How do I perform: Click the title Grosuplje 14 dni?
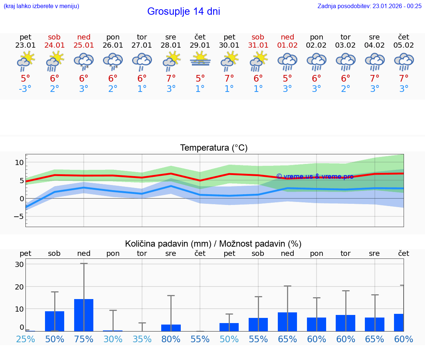point(183,11)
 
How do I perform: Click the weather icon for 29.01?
point(200,59)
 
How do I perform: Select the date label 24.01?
point(55,45)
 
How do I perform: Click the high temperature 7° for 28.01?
point(171,79)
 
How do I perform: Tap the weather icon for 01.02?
point(287,61)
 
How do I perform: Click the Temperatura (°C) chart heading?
point(214,148)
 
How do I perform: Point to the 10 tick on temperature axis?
point(19,162)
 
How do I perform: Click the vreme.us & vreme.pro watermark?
point(315,176)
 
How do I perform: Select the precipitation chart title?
point(213,244)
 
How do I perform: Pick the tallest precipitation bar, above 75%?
point(84,315)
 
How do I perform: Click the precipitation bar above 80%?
point(171,328)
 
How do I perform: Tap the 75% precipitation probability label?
point(84,339)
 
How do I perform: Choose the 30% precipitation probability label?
point(113,339)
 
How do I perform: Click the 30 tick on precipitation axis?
point(19,264)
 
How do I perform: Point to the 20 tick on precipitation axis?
point(19,287)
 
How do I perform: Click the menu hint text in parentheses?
point(41,6)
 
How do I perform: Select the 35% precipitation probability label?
point(142,339)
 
